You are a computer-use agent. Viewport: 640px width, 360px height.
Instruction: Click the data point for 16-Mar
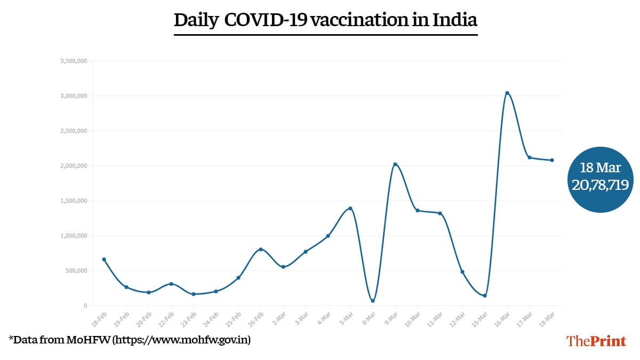(507, 93)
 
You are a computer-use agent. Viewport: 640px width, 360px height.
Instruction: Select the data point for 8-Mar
(373, 301)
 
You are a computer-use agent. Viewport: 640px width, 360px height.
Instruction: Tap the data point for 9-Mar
(395, 164)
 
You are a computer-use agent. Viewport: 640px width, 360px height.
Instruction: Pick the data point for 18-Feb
(104, 259)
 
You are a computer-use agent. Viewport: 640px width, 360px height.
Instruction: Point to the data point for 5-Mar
(350, 208)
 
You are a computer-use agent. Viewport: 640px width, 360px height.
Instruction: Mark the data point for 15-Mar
(485, 295)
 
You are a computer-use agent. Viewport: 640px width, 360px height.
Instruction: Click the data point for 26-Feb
(261, 249)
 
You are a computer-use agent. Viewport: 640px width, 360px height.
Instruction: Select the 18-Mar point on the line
(552, 160)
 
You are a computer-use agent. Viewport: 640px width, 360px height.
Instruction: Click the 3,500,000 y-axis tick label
(74, 61)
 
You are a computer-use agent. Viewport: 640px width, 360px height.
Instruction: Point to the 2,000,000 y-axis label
(74, 166)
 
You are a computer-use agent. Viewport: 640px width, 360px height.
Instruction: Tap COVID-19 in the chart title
(265, 20)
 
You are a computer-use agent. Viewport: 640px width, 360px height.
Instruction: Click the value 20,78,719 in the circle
(601, 185)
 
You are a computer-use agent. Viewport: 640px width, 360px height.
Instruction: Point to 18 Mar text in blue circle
(601, 167)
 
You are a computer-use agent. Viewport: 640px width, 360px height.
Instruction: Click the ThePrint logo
(596, 341)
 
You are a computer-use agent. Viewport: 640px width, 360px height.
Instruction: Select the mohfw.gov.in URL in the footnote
(182, 339)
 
